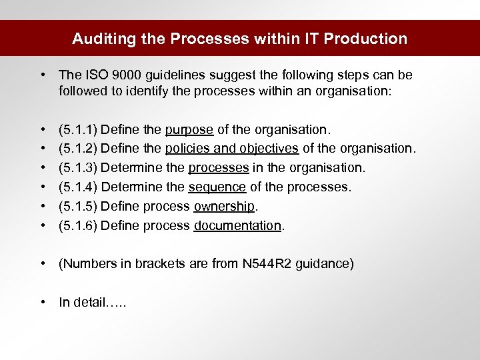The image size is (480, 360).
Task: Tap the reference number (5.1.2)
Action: click(x=77, y=147)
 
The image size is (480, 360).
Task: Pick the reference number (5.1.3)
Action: click(x=77, y=167)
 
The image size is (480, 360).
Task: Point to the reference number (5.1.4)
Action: click(x=77, y=187)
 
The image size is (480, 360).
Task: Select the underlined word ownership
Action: click(x=225, y=206)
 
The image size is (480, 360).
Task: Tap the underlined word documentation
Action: click(x=238, y=225)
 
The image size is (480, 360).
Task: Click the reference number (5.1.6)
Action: click(x=77, y=225)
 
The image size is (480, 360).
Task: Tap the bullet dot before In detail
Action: click(x=43, y=302)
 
